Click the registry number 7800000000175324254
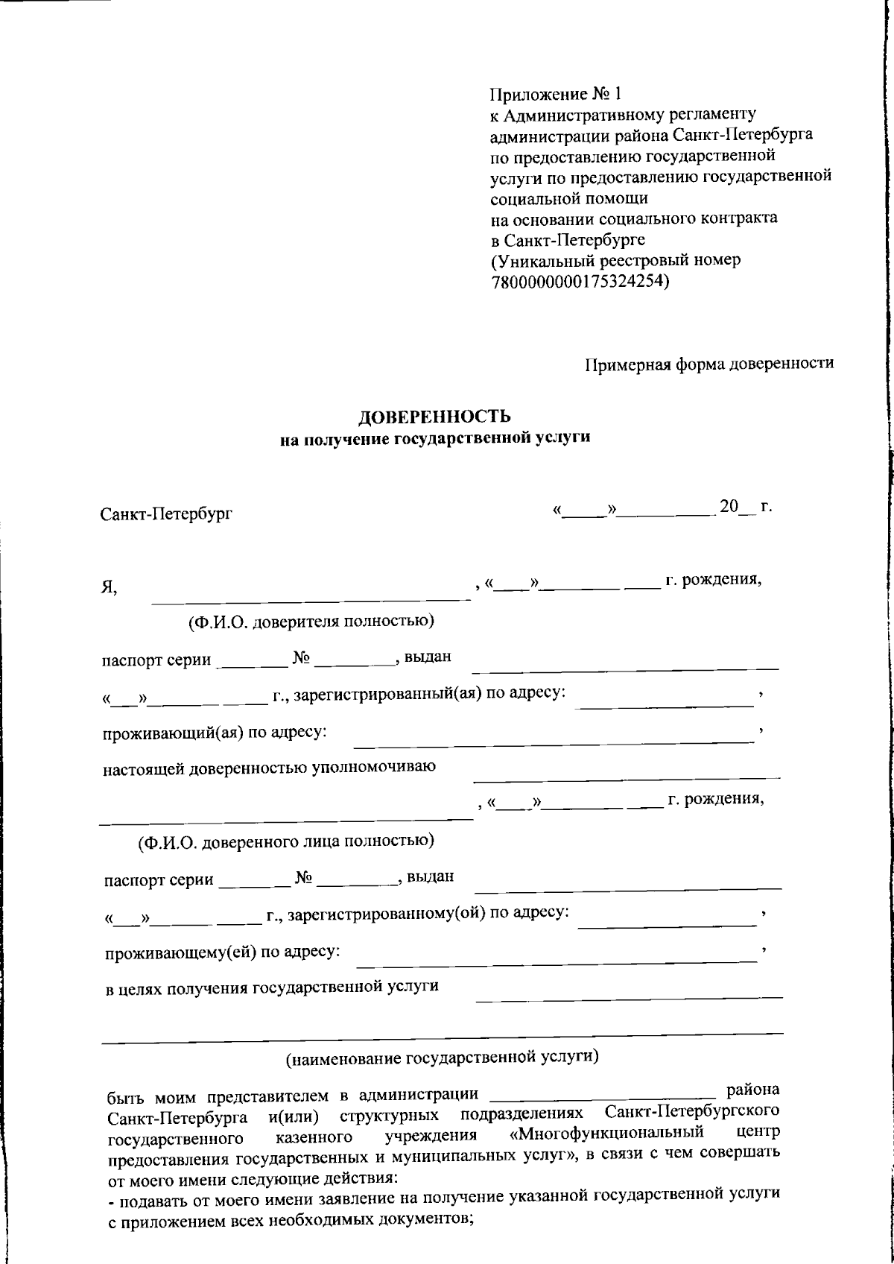pyautogui.click(x=577, y=282)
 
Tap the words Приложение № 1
pyautogui.click(x=554, y=95)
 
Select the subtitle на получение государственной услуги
pyautogui.click(x=435, y=439)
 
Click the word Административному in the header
pyautogui.click(x=577, y=116)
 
